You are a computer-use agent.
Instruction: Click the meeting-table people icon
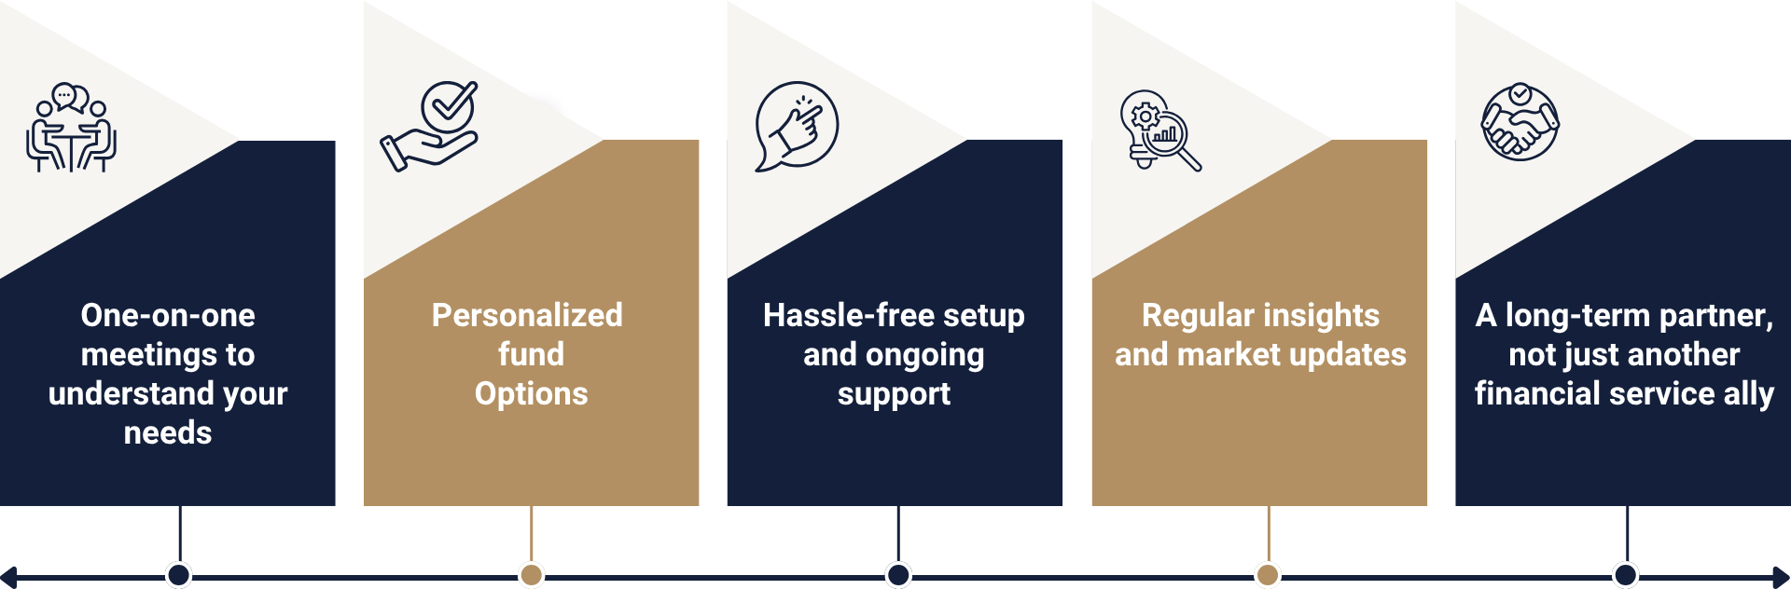click(x=71, y=128)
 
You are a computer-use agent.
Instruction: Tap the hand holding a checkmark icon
click(x=430, y=127)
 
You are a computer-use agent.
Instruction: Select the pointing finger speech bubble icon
click(x=796, y=127)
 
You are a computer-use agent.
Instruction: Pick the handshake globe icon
click(x=1520, y=122)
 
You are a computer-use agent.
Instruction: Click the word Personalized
click(x=527, y=315)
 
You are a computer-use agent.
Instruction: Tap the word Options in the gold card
click(x=531, y=393)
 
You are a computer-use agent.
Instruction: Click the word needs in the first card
click(x=168, y=432)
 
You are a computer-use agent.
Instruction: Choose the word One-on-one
click(x=168, y=315)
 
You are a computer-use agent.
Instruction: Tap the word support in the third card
click(x=894, y=393)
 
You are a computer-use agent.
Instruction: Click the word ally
click(x=1748, y=393)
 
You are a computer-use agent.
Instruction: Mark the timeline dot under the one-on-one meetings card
click(x=178, y=575)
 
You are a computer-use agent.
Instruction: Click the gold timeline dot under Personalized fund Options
click(x=531, y=575)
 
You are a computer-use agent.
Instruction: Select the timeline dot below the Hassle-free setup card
click(x=898, y=575)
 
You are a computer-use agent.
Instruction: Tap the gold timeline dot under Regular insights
click(x=1267, y=575)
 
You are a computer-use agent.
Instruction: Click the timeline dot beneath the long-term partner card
click(x=1626, y=575)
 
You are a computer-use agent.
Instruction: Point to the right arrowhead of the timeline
click(x=1782, y=578)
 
